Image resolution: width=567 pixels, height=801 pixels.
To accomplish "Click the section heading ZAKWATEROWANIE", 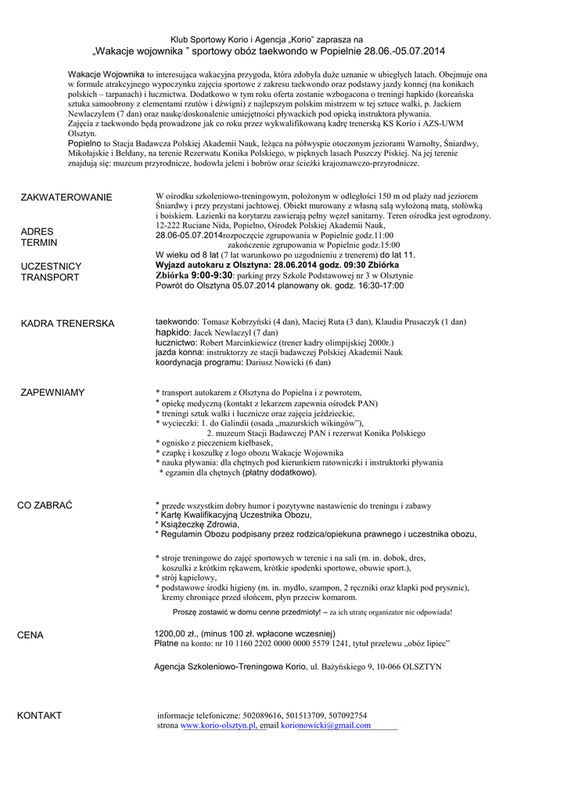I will point(66,197).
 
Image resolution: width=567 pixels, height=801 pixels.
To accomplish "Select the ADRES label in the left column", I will point(37,232).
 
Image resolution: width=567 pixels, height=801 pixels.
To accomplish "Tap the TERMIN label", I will point(39,243).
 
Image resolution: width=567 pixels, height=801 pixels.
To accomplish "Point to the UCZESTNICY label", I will point(51,267).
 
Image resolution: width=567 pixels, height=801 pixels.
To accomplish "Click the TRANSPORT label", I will point(50,278).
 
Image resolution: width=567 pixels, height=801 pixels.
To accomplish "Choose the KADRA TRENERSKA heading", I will point(67,324).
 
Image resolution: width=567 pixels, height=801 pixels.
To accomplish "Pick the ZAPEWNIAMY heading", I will point(52,393).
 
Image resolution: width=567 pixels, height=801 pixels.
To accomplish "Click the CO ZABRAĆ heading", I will point(45,506).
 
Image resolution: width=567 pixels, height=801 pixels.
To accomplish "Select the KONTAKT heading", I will point(39,716).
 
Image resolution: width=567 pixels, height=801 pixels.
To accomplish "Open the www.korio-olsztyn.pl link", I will point(218,726).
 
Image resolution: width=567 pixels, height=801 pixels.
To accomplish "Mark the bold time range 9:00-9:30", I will point(211,275).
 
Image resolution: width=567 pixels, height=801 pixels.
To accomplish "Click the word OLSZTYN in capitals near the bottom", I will point(422,666).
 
